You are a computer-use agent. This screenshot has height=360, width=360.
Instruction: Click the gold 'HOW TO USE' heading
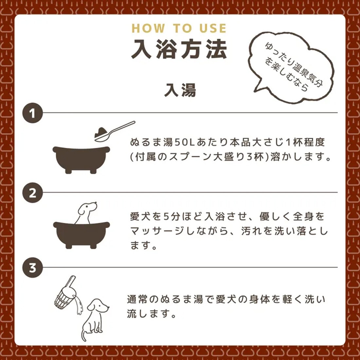point(179,28)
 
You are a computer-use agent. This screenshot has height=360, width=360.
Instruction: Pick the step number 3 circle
point(32,268)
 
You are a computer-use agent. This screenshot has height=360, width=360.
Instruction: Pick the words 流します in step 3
point(149,314)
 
